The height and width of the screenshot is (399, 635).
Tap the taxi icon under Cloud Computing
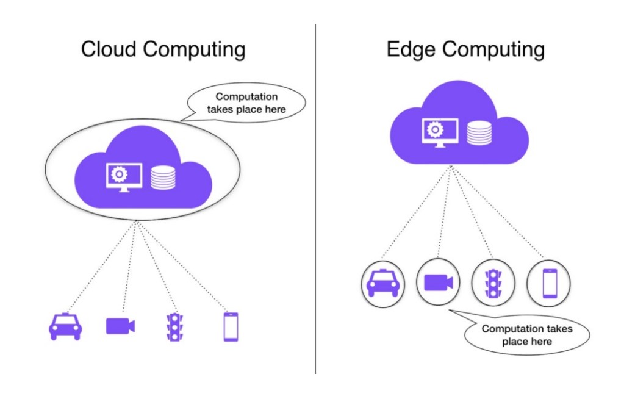click(x=65, y=326)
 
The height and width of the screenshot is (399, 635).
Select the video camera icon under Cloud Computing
click(x=120, y=326)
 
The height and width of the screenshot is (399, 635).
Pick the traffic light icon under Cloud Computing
click(x=176, y=327)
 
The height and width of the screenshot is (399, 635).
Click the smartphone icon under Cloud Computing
click(x=231, y=327)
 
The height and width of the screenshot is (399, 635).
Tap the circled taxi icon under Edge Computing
click(x=382, y=283)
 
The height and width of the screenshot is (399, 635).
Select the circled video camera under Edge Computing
click(x=438, y=282)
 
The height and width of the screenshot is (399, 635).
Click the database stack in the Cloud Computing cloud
click(x=162, y=177)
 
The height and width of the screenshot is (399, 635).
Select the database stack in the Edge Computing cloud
click(x=479, y=132)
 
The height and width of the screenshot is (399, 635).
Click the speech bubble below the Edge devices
click(x=527, y=334)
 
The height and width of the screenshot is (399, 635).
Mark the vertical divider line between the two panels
click(x=315, y=201)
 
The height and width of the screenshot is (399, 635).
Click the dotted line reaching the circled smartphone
click(x=500, y=214)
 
